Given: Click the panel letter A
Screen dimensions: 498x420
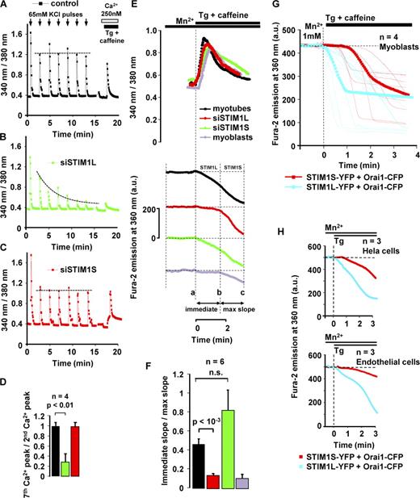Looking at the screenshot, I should [x=6, y=7].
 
